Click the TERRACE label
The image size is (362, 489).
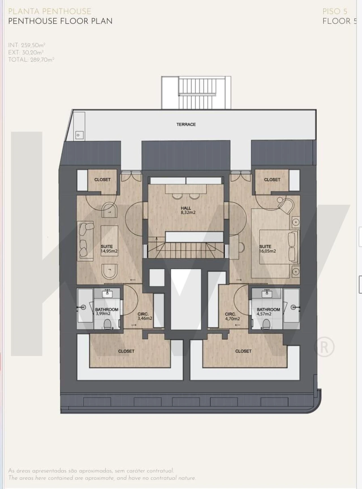tap(186, 125)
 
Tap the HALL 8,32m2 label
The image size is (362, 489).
tap(188, 210)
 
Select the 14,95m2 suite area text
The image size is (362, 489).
tap(109, 251)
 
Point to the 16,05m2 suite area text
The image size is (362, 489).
tap(268, 251)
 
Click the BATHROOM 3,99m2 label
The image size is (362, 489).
tap(107, 311)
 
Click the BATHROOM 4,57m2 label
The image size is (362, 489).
tap(268, 311)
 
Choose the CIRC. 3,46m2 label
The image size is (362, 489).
tap(145, 316)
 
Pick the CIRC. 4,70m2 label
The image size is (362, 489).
tap(232, 316)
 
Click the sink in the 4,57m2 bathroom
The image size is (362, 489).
tap(267, 294)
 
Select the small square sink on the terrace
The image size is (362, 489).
tap(78, 135)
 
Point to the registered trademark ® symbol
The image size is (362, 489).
tap(324, 347)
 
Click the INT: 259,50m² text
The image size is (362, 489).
tap(27, 45)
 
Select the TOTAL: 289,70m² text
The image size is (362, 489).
tap(31, 60)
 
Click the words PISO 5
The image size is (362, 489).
tap(335, 12)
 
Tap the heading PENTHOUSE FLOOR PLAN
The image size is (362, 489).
tap(60, 21)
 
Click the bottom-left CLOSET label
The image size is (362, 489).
tap(126, 351)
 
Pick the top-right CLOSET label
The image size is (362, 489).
tap(272, 180)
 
